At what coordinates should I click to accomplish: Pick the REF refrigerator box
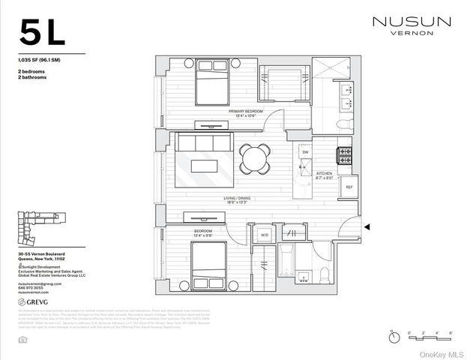(x=349, y=187)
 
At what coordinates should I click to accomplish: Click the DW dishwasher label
(x=305, y=152)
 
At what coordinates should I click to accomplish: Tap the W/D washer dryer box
(x=265, y=235)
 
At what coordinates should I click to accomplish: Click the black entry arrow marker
(x=367, y=226)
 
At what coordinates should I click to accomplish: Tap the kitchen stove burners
(x=346, y=156)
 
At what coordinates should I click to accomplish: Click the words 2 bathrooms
(x=32, y=75)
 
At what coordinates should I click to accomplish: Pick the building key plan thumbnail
(x=37, y=229)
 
